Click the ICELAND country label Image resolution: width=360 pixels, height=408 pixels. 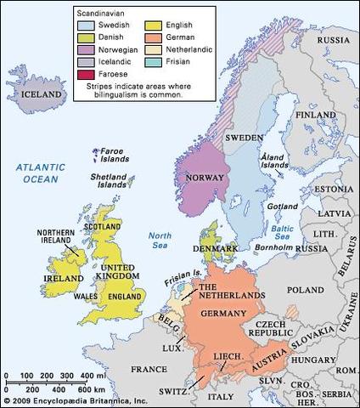click(42, 93)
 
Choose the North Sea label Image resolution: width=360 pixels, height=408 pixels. click(160, 240)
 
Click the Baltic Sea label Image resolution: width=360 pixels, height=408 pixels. click(278, 229)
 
